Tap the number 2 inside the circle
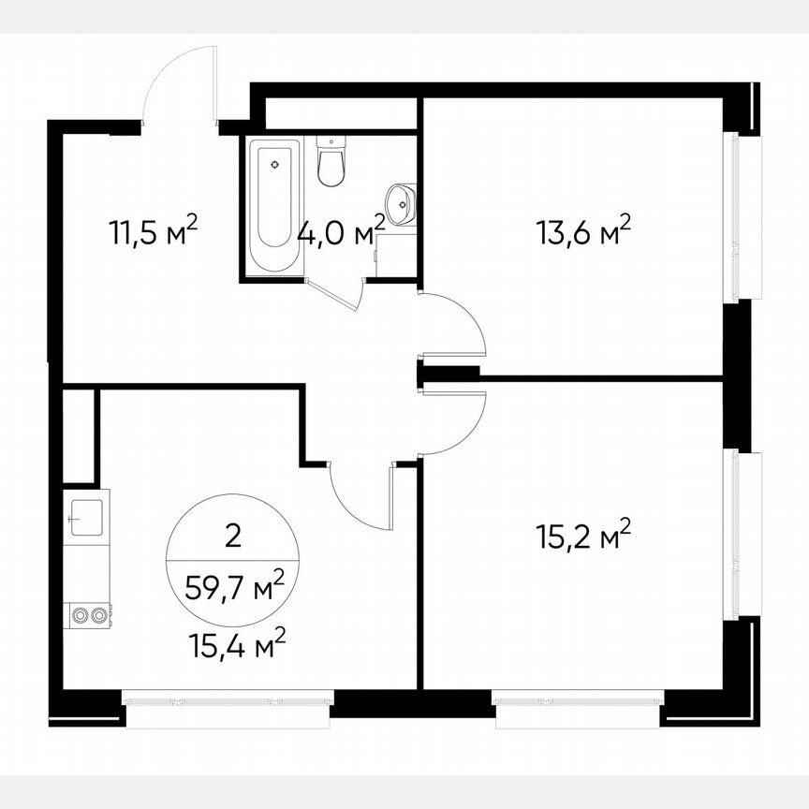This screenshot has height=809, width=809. click(x=233, y=537)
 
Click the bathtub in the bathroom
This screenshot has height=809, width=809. click(x=274, y=206)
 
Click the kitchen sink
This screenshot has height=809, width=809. click(x=86, y=514)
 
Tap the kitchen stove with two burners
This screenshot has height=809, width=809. click(x=88, y=615)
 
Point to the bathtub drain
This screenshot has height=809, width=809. click(x=274, y=165)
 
